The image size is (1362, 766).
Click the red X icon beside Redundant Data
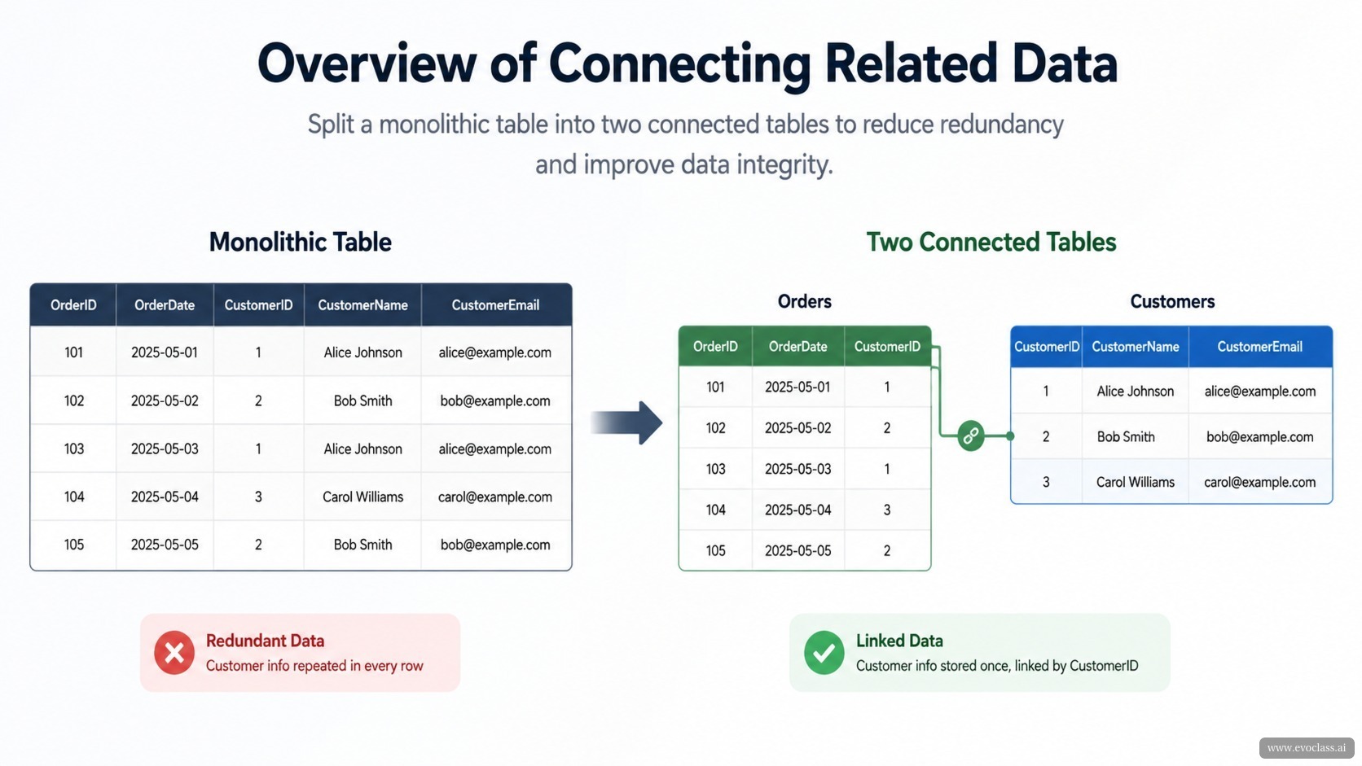[174, 652]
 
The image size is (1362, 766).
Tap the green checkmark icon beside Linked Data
[824, 652]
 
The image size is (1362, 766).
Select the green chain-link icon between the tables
[970, 436]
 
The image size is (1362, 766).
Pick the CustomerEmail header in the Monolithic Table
[495, 305]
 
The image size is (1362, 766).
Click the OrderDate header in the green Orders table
[797, 346]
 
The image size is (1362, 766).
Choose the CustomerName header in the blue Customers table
[1136, 346]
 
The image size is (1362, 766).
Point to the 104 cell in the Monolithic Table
[74, 497]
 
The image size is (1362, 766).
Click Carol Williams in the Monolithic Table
[363, 497]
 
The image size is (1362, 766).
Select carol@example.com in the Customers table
[1259, 482]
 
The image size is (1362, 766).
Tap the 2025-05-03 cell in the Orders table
[797, 469]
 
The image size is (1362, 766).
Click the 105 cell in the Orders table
[716, 550]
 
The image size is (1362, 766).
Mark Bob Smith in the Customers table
[1126, 437]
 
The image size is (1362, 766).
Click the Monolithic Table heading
[301, 242]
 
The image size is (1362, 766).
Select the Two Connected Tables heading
[991, 242]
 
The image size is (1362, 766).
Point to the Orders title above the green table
[805, 301]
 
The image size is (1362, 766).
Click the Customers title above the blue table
[1172, 301]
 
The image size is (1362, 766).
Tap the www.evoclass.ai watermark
[1307, 748]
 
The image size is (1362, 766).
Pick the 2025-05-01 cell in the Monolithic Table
[165, 352]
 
